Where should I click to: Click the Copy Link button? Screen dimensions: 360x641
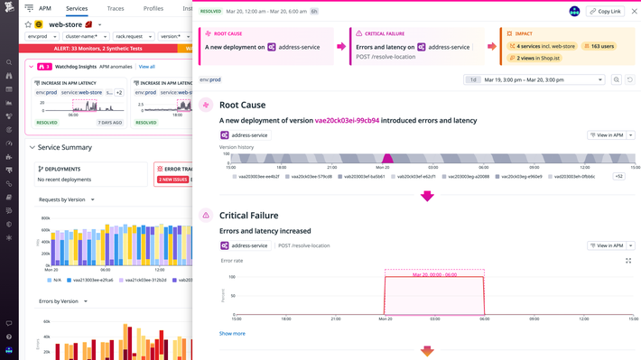click(x=605, y=12)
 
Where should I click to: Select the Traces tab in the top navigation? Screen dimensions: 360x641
click(x=116, y=8)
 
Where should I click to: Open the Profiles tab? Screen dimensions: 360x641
click(x=153, y=8)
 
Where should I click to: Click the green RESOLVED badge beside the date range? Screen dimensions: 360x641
click(x=210, y=12)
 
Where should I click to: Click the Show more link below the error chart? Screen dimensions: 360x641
click(x=232, y=334)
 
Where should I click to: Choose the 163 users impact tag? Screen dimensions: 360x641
click(x=599, y=46)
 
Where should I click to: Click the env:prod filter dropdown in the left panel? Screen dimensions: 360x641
click(x=42, y=37)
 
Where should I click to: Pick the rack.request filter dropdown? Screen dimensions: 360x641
click(x=134, y=37)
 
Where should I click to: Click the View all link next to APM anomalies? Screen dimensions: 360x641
click(x=146, y=67)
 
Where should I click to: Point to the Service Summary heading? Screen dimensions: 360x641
click(x=64, y=147)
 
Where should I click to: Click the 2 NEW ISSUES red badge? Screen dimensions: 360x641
click(x=172, y=180)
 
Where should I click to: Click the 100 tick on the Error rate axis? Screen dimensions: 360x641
click(x=232, y=277)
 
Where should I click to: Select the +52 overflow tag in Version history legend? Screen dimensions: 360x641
click(x=618, y=177)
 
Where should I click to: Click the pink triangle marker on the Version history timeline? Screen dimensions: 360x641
click(x=387, y=159)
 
